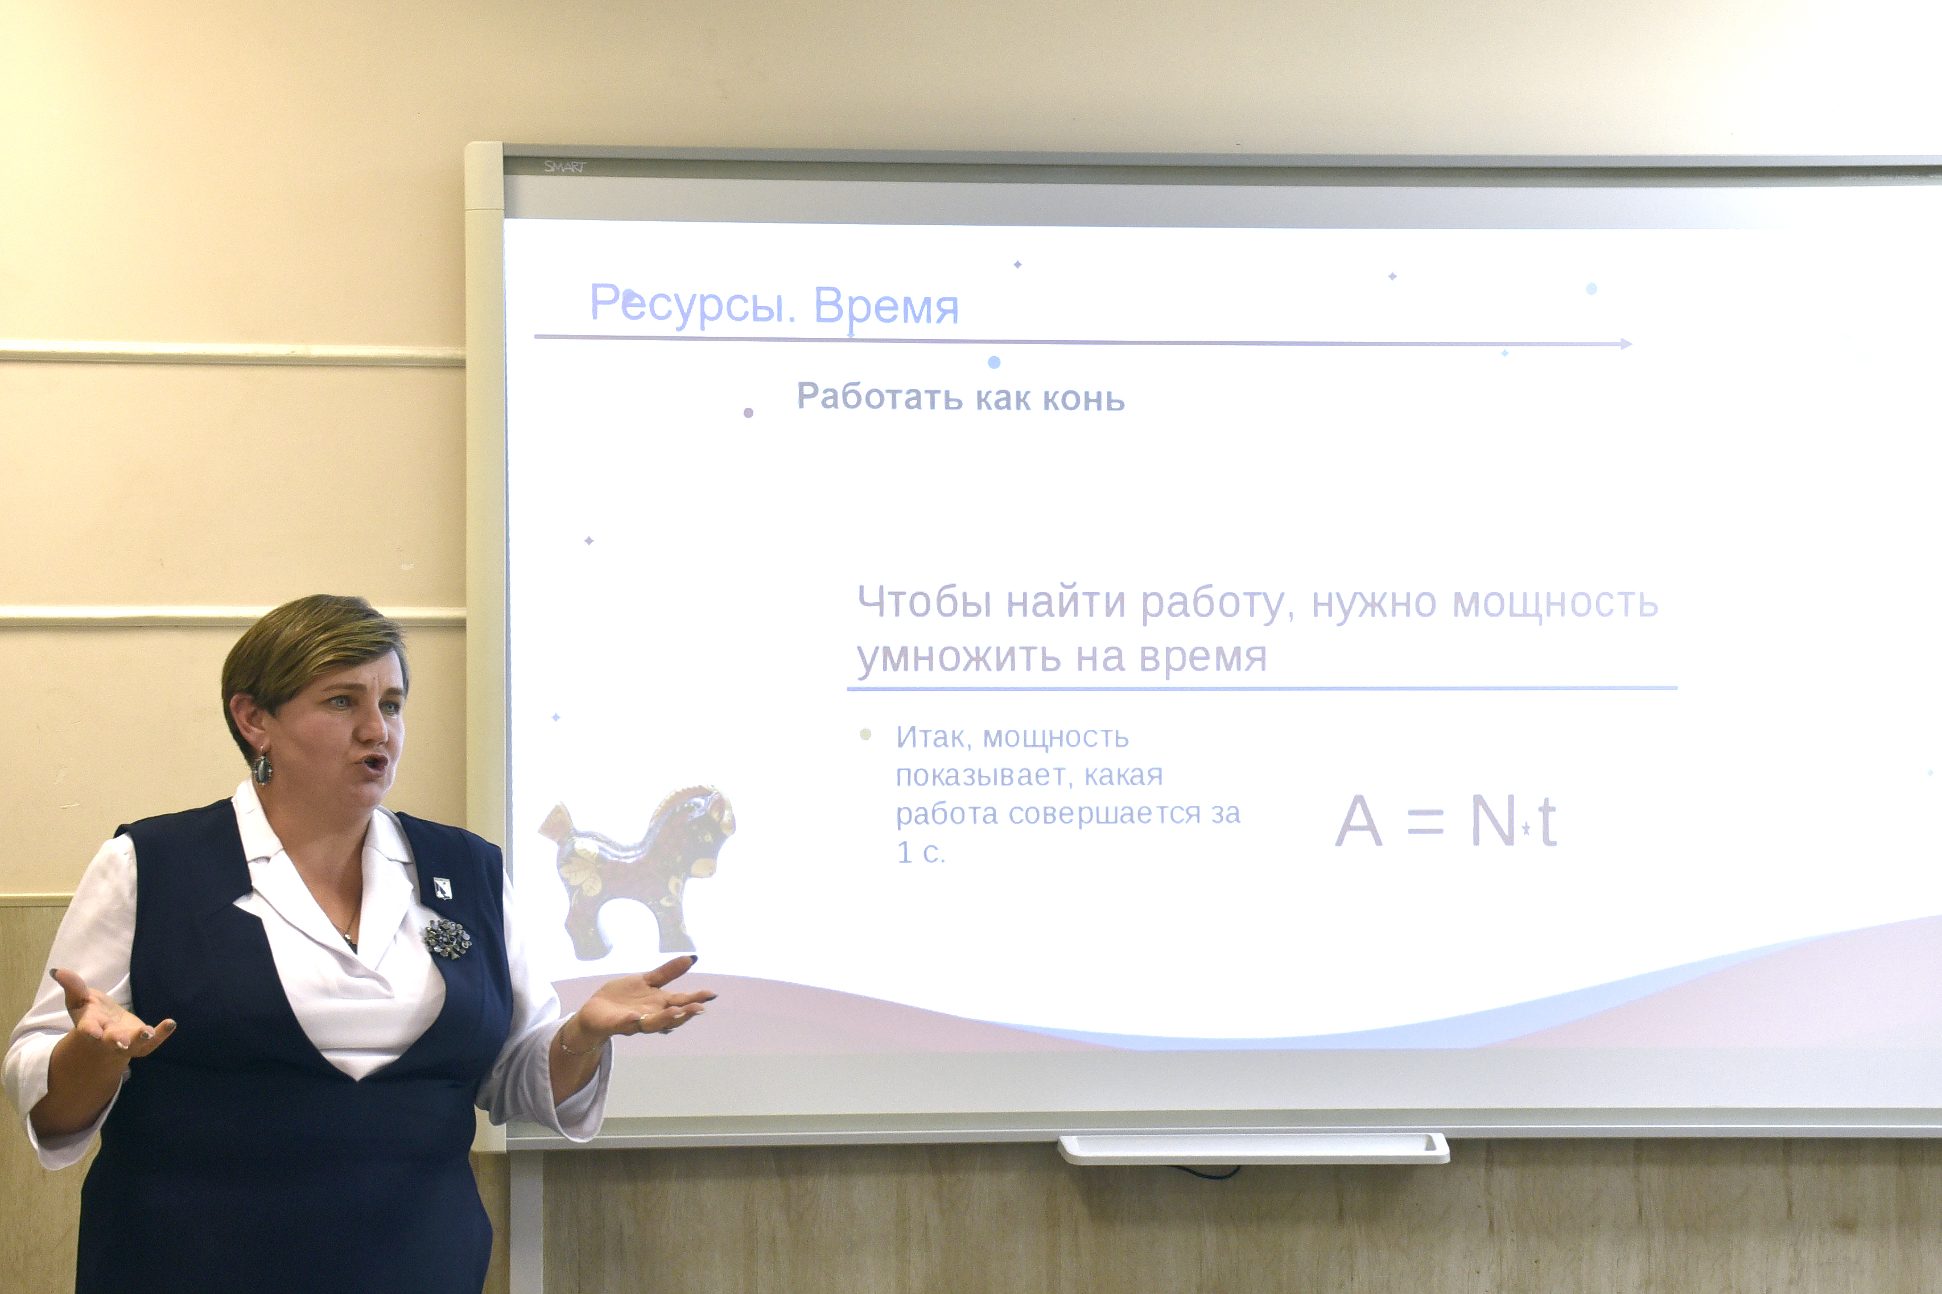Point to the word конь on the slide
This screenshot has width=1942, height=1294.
click(x=1083, y=399)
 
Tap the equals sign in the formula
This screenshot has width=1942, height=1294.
click(x=1425, y=823)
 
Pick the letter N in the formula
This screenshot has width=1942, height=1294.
click(x=1493, y=821)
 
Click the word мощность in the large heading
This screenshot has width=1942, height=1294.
click(x=1555, y=603)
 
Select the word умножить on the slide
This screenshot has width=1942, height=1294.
click(x=959, y=658)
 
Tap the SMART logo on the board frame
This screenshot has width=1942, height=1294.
click(x=564, y=167)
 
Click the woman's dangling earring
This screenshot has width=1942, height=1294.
click(x=262, y=767)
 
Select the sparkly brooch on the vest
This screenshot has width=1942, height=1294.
click(x=447, y=939)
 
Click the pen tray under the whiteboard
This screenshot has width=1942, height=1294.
click(x=1253, y=1148)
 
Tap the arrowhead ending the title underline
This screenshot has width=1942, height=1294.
click(x=1626, y=344)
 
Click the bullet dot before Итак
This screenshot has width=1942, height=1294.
click(x=865, y=734)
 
